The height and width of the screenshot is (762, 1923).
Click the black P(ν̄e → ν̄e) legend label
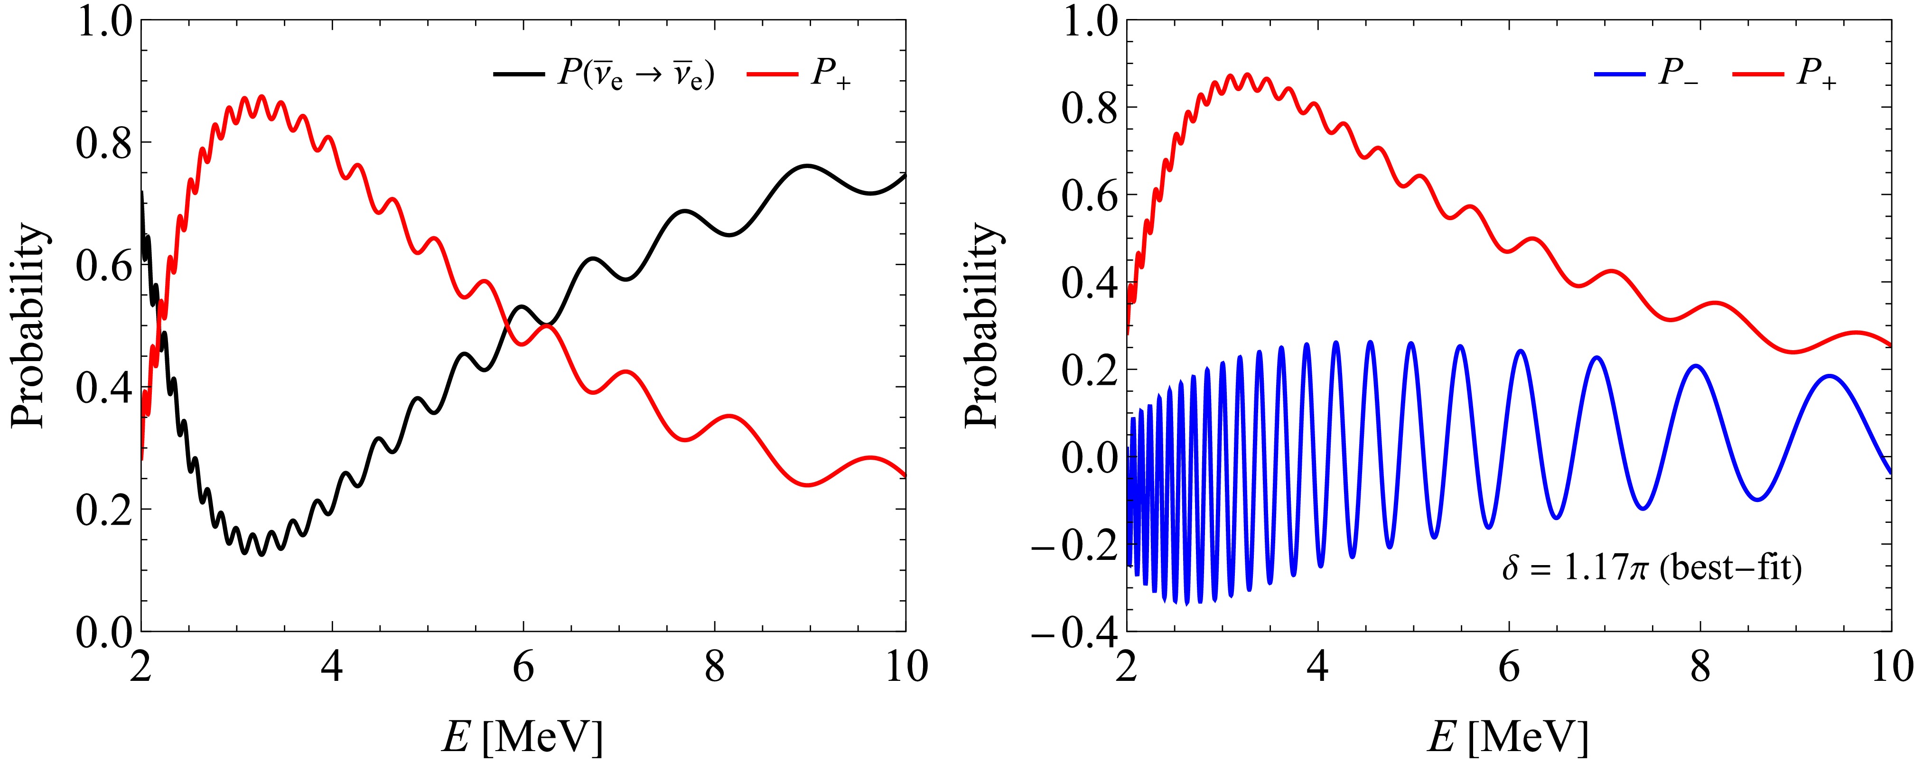pyautogui.click(x=636, y=75)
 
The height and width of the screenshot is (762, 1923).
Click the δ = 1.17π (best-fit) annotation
pyautogui.click(x=1651, y=569)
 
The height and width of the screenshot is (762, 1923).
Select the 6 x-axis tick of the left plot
pyautogui.click(x=523, y=666)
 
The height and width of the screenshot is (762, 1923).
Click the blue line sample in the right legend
pyautogui.click(x=1620, y=74)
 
